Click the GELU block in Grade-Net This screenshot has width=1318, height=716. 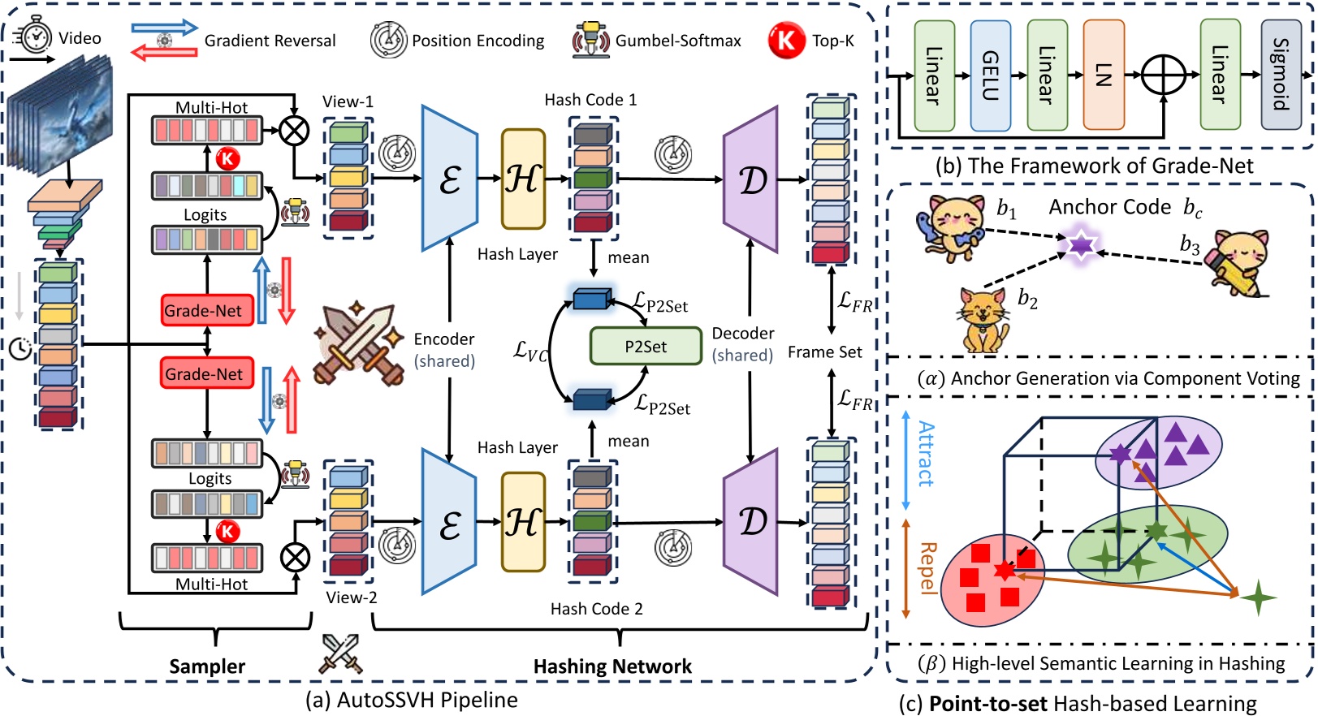click(990, 75)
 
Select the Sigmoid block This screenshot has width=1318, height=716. click(1281, 74)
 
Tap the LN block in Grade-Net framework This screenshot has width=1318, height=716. click(1104, 75)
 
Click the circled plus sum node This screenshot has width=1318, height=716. click(1163, 75)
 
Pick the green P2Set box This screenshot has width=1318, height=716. click(646, 346)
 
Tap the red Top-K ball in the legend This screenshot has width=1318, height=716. click(786, 40)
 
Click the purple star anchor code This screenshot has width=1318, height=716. click(1081, 244)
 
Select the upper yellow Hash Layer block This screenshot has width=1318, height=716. click(523, 179)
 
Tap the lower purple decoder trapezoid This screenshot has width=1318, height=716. click(751, 522)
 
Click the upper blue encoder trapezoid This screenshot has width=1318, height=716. click(450, 179)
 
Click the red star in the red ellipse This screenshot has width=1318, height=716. click(1005, 570)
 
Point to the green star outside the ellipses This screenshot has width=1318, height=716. click(1258, 597)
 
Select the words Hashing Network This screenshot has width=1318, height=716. click(612, 666)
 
